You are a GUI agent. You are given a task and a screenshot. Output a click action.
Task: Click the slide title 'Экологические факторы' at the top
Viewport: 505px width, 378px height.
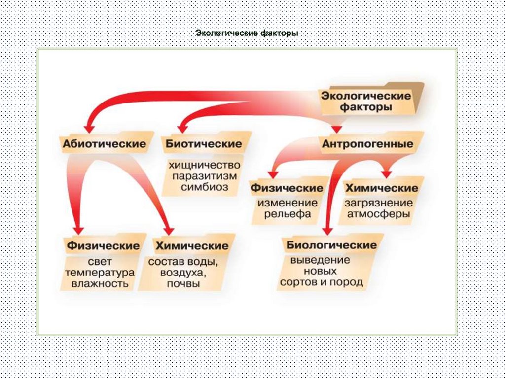[x=247, y=34]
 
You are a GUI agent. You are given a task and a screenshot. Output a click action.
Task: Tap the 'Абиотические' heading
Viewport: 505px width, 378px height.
[x=104, y=144]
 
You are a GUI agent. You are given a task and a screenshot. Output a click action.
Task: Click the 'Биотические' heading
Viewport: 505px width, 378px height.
[x=204, y=144]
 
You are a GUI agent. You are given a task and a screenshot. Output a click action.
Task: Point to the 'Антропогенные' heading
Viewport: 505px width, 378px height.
[x=367, y=144]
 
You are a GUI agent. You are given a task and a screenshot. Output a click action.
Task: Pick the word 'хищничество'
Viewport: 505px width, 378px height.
[x=204, y=164]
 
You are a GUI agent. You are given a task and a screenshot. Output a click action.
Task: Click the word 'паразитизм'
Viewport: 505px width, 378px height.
[x=204, y=175]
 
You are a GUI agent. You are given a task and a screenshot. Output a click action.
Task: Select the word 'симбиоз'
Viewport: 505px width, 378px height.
[x=204, y=187]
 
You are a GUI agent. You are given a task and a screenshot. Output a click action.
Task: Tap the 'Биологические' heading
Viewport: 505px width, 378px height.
[x=332, y=245]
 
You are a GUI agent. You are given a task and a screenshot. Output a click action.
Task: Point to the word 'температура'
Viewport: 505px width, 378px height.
[x=100, y=272]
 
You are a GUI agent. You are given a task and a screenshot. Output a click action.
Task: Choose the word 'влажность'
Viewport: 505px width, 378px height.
[x=100, y=284]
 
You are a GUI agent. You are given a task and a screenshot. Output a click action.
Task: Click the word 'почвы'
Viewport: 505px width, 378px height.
[x=183, y=284]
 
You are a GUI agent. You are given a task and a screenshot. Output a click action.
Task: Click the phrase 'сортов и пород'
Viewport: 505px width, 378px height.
[x=321, y=282]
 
